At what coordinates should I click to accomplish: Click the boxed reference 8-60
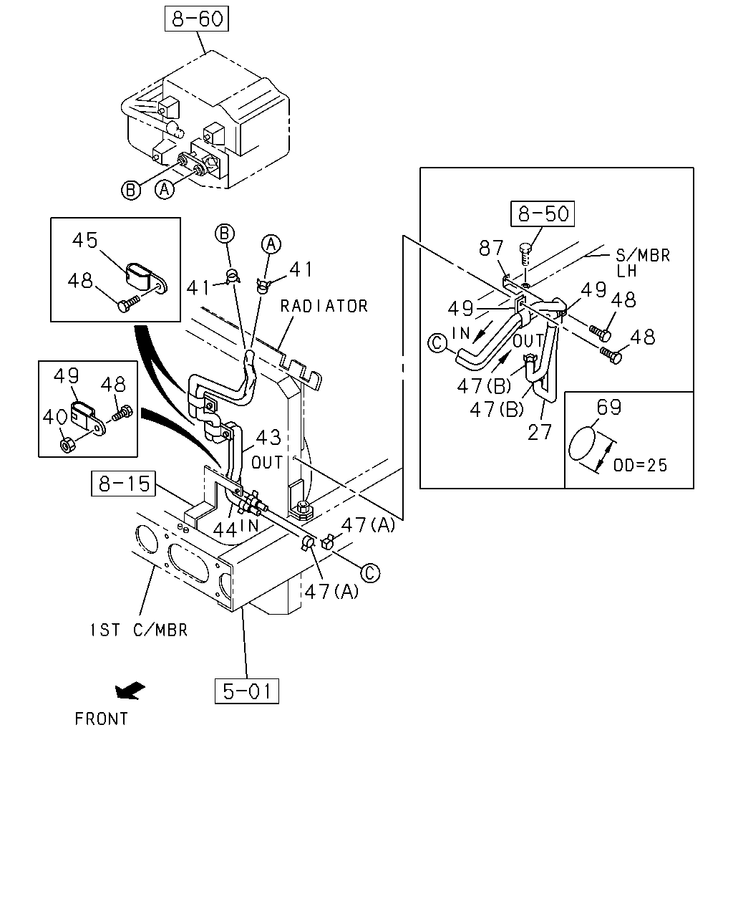point(196,19)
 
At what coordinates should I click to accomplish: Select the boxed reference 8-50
point(543,213)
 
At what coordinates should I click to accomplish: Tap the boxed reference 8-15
point(124,484)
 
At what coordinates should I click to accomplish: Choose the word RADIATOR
point(324,307)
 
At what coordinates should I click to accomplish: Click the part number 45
point(84,240)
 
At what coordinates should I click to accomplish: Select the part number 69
point(608,407)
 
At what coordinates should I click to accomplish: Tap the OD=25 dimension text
point(640,465)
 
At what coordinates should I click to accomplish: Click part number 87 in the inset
point(491,248)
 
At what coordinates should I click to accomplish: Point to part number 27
point(540,433)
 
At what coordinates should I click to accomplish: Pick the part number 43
point(268,438)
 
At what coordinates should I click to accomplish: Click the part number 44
point(225,530)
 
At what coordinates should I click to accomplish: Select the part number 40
point(54,417)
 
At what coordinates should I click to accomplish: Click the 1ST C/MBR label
point(138,630)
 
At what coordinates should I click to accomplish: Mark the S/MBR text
point(643,256)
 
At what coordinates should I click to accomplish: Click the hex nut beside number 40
point(67,446)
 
